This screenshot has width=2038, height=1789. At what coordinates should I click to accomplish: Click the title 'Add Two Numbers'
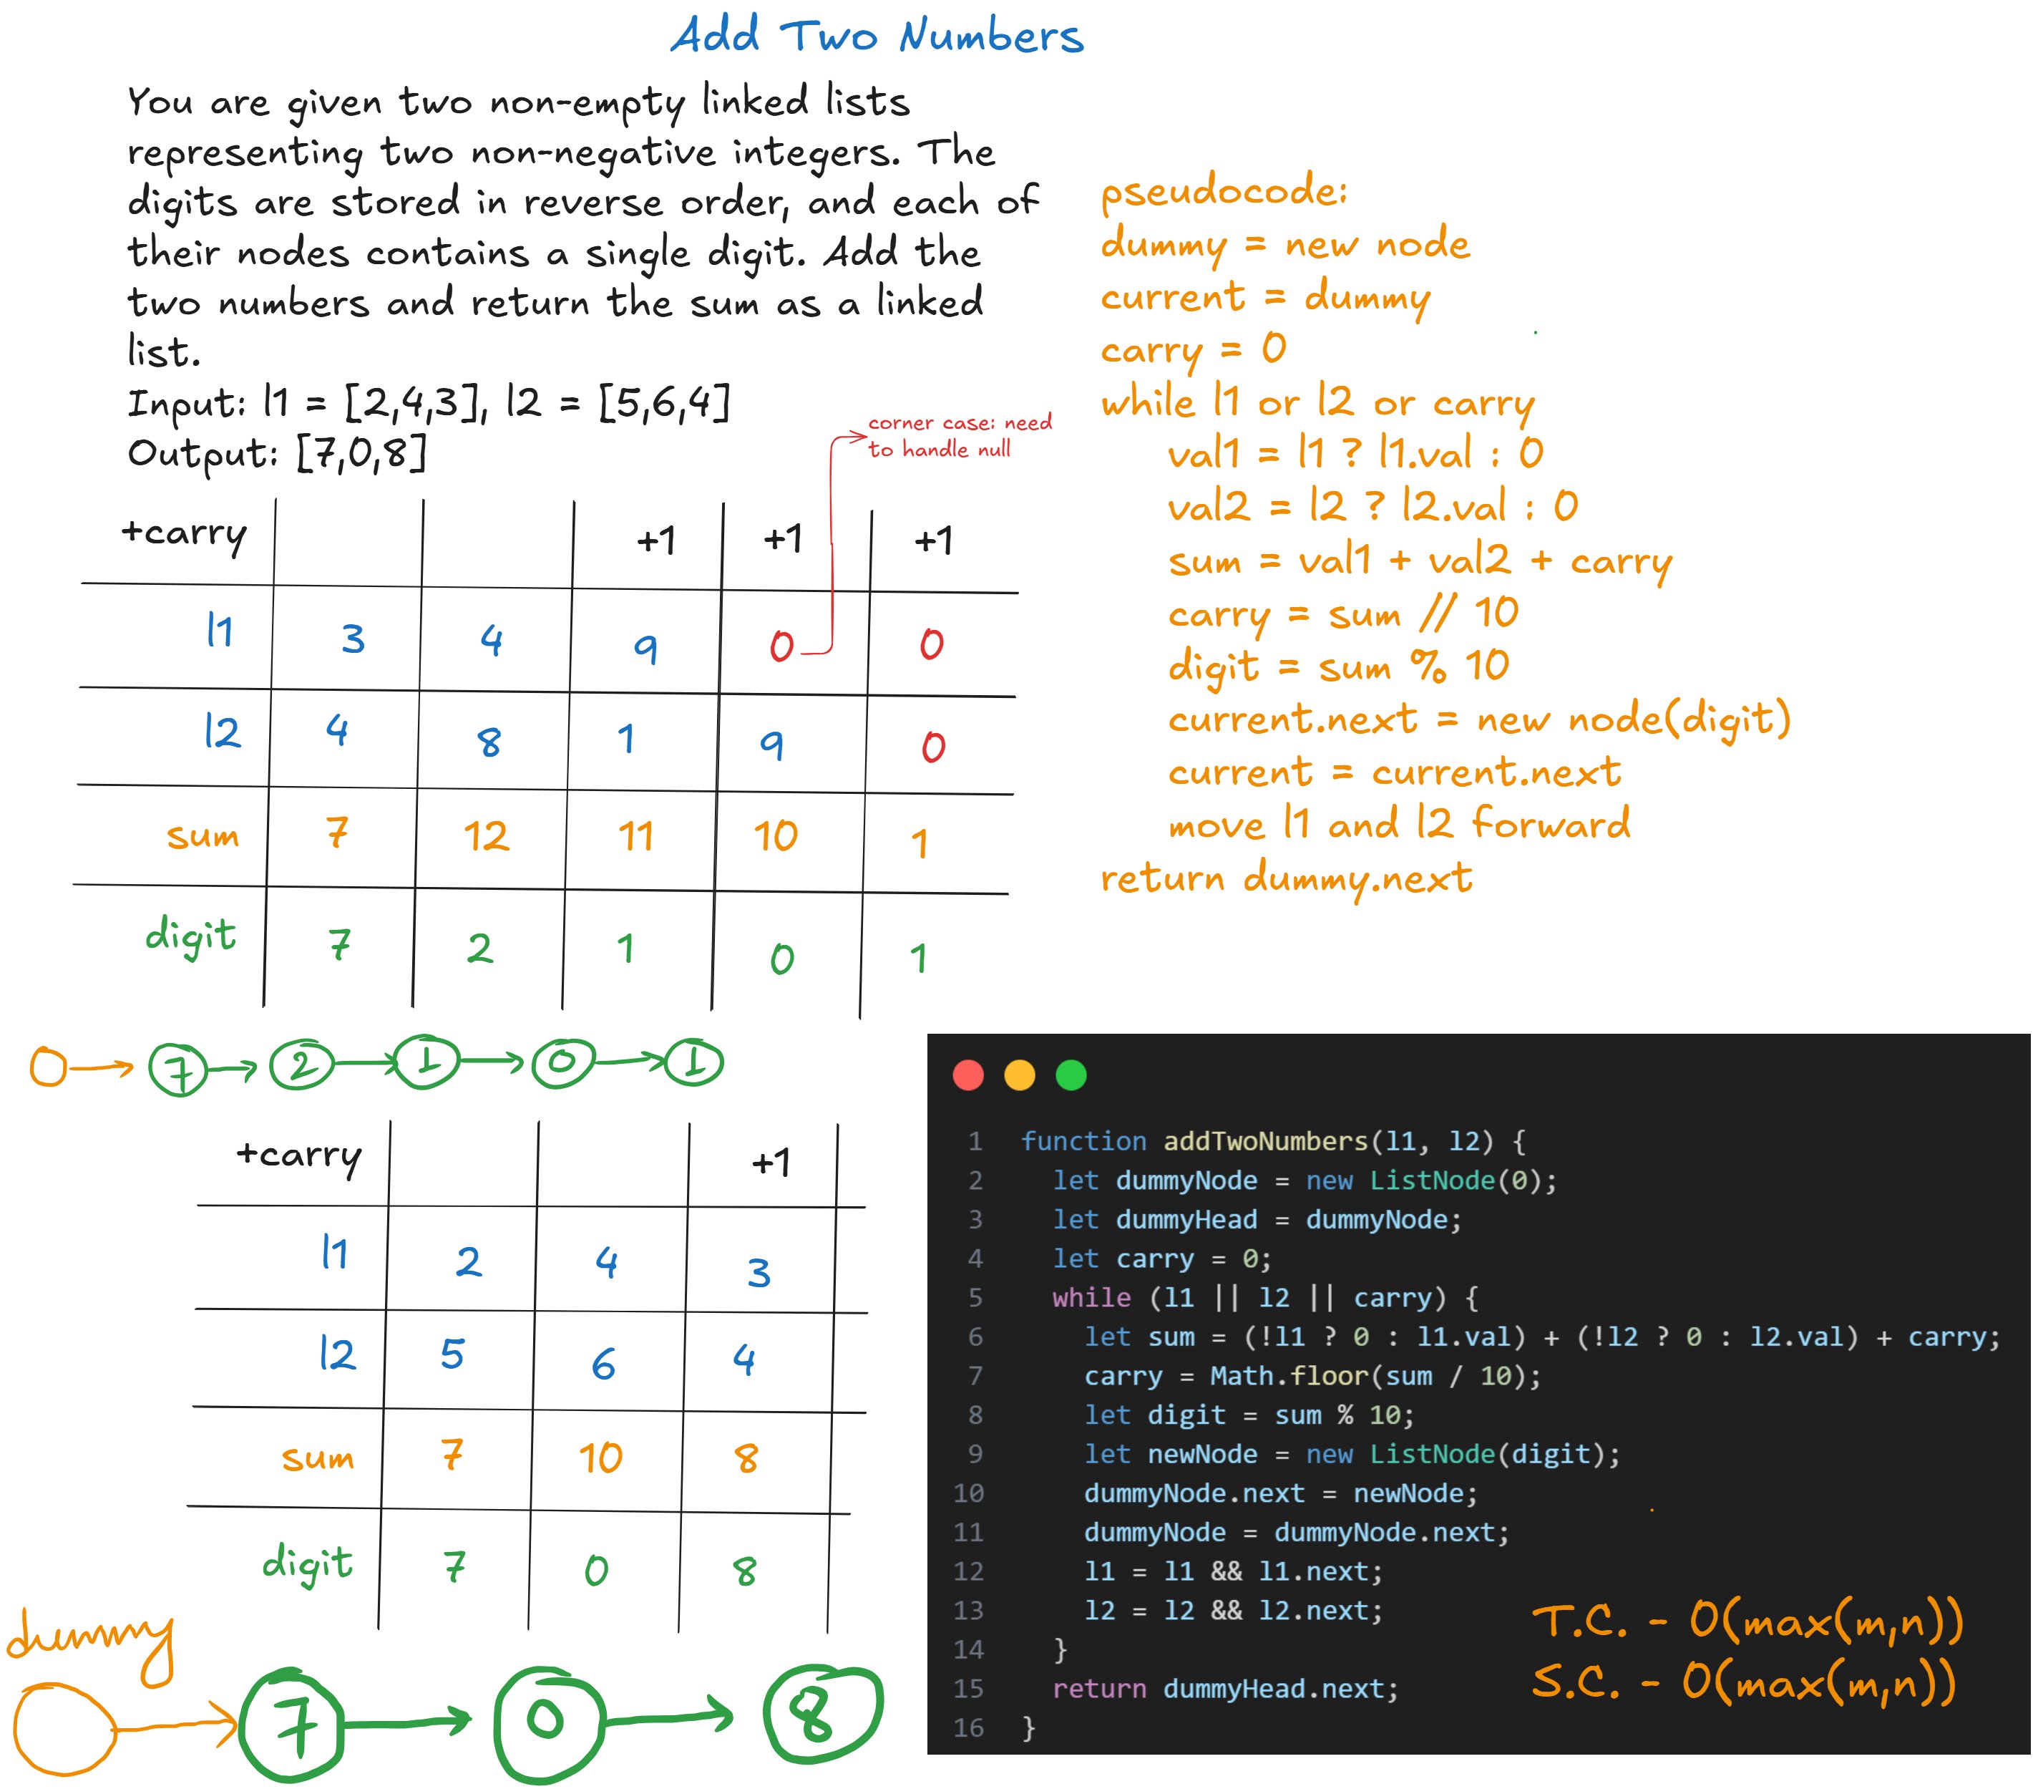point(877,36)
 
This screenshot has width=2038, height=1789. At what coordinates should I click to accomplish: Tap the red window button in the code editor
point(968,1075)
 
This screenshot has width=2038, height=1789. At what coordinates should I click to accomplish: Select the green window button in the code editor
point(1071,1075)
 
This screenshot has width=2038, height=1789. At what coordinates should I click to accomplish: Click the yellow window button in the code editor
point(1019,1075)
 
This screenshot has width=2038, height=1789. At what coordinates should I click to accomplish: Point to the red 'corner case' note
point(958,436)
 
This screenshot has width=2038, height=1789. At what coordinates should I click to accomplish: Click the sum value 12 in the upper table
point(486,835)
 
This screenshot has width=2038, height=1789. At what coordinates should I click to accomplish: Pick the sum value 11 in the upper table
point(635,835)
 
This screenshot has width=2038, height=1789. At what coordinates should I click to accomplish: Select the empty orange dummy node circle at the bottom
point(63,1728)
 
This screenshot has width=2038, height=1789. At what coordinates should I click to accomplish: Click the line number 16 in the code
point(968,1728)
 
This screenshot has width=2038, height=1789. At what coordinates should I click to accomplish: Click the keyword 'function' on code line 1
point(1083,1141)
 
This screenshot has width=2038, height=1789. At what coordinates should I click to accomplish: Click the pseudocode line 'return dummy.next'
point(1285,878)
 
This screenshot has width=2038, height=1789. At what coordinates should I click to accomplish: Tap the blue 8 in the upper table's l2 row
point(489,742)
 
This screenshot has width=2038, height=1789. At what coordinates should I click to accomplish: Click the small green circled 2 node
point(302,1065)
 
